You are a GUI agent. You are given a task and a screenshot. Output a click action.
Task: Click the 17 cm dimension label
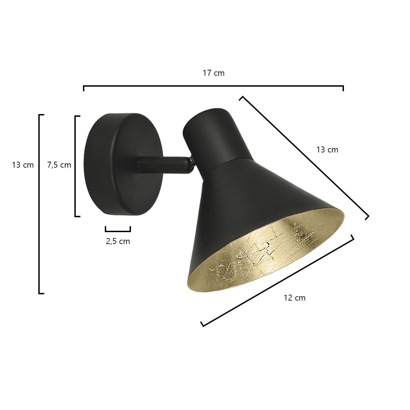pos(213,73)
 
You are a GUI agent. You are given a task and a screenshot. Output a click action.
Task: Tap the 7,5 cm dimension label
pos(59,165)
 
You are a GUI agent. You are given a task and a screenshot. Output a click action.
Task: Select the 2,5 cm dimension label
pos(118,241)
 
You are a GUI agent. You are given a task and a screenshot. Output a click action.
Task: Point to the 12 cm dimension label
pos(295,298)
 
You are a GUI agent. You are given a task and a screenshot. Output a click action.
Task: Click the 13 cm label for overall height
pos(23,165)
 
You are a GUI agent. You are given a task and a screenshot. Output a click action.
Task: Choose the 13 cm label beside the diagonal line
pos(327,149)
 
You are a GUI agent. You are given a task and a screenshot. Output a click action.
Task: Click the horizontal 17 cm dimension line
pos(213,86)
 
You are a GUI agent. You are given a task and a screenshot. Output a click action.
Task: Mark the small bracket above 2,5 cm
pos(118,230)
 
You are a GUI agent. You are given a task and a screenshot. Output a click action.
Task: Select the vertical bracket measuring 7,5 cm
pos(75,166)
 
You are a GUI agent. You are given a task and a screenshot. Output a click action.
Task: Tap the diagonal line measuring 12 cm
pos(277,280)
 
